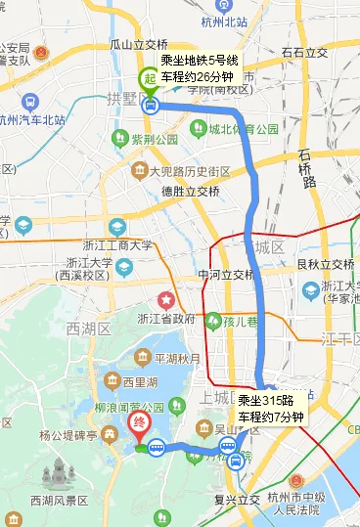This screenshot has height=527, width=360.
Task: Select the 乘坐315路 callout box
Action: click(271, 407)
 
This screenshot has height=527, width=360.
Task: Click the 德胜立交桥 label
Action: click(190, 192)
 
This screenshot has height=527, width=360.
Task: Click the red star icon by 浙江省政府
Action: click(167, 298)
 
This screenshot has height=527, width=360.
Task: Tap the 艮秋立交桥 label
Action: click(326, 264)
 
